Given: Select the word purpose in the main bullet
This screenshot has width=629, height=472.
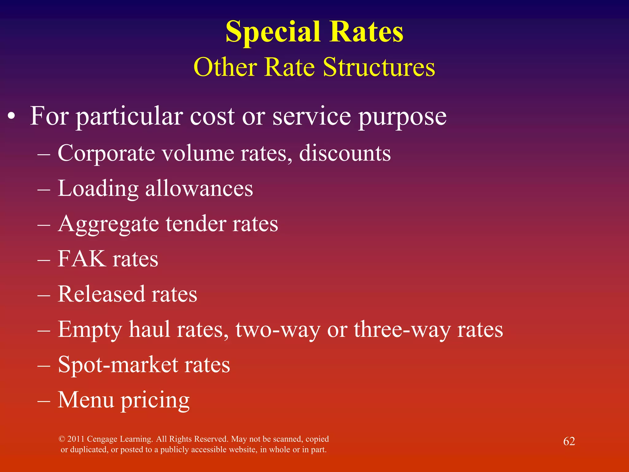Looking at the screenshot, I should [x=402, y=117].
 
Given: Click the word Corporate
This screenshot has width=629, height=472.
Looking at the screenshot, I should [x=106, y=153].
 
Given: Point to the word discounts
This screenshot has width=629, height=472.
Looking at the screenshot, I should [x=345, y=153].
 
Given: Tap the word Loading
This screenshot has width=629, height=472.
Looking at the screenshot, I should [x=98, y=188].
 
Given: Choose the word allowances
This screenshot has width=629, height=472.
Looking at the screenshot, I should [x=199, y=188].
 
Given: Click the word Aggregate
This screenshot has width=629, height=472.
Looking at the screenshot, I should [x=108, y=224].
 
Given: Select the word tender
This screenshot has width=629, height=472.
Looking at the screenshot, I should [x=196, y=224].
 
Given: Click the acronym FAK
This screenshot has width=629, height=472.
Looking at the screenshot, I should [x=81, y=259].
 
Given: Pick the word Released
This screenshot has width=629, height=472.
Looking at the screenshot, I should [x=101, y=294].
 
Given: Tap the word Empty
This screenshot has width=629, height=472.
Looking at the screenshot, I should [x=90, y=329].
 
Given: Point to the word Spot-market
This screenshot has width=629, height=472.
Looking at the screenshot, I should [x=118, y=365].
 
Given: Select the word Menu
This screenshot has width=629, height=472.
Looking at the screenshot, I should [x=86, y=400].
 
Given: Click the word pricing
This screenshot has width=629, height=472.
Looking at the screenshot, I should [x=155, y=400].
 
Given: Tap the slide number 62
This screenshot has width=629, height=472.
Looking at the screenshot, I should [x=569, y=441].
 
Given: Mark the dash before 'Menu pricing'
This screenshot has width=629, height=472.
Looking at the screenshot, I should [x=44, y=400].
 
